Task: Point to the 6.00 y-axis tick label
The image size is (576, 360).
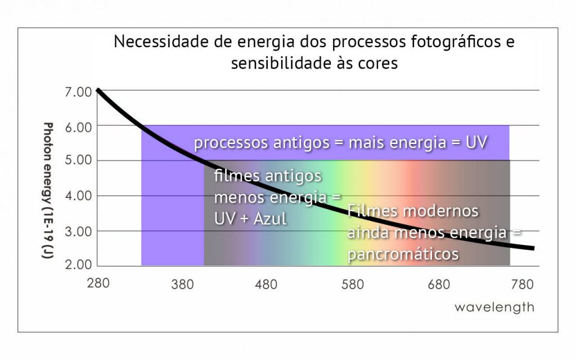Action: pyautogui.click(x=78, y=127)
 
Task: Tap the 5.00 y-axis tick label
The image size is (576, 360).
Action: pyautogui.click(x=78, y=161)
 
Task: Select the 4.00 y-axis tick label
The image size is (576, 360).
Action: pyautogui.click(x=78, y=196)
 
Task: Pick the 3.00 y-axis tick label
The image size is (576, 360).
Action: pyautogui.click(x=78, y=231)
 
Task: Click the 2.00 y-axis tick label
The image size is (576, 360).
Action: pyautogui.click(x=78, y=265)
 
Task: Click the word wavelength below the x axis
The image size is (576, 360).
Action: pyautogui.click(x=494, y=308)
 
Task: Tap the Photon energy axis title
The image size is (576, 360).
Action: pyautogui.click(x=48, y=191)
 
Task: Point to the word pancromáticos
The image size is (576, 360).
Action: pyautogui.click(x=403, y=254)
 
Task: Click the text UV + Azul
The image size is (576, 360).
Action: pyautogui.click(x=250, y=218)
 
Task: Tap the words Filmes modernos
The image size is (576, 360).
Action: pyautogui.click(x=413, y=211)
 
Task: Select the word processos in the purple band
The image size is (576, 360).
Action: pyautogui.click(x=231, y=143)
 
